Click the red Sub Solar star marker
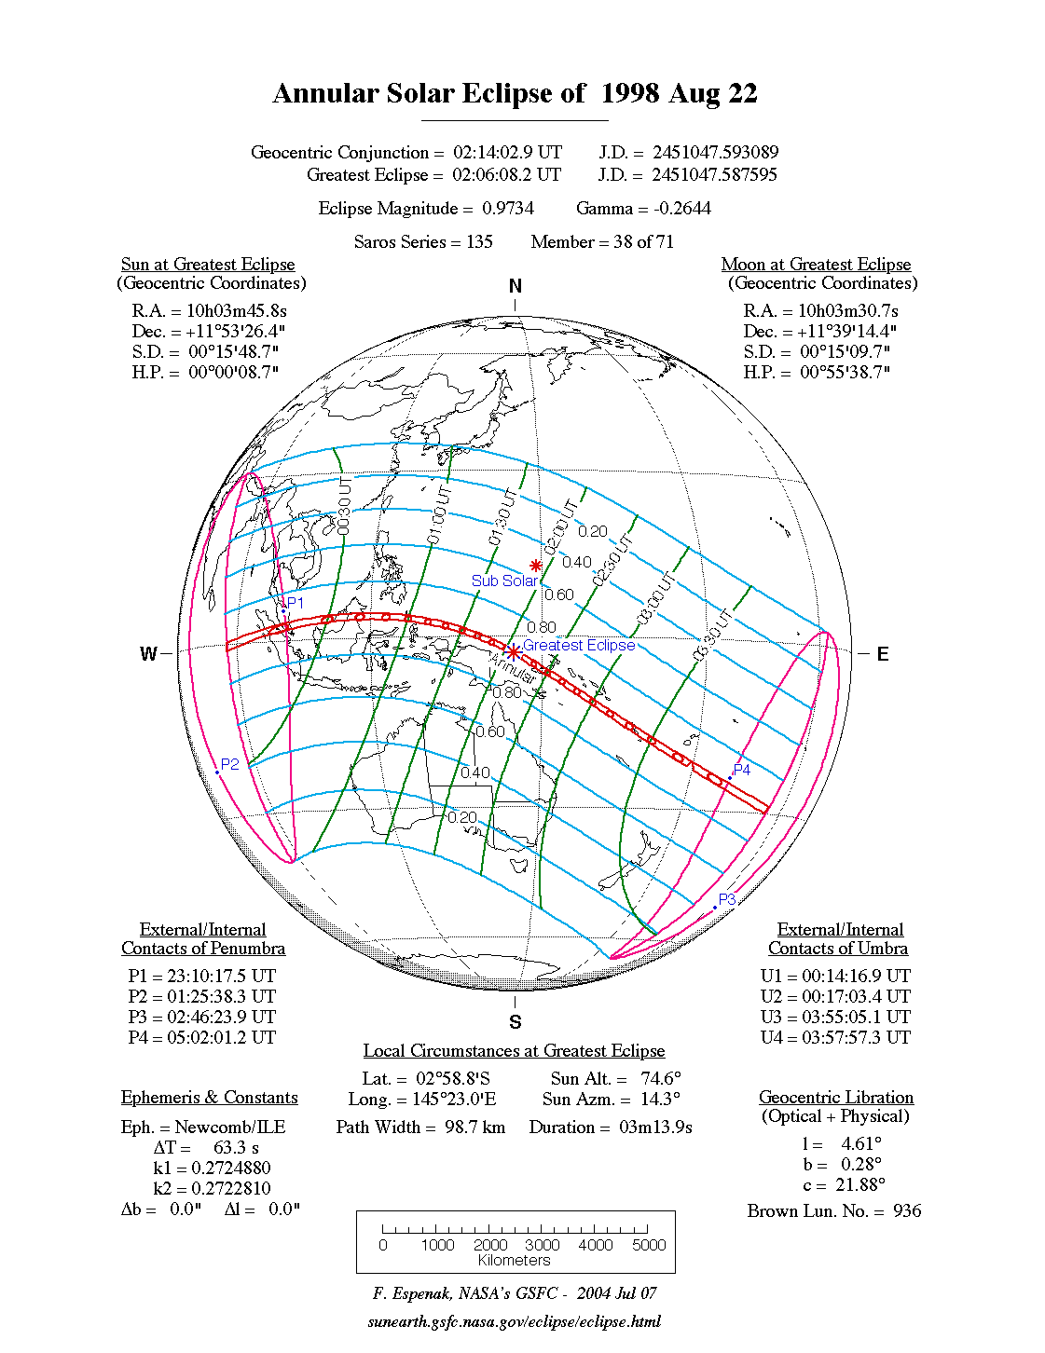coord(536,566)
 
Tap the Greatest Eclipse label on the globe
coord(578,645)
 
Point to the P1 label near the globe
coord(296,603)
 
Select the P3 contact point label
coord(727,899)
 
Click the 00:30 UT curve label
coord(344,507)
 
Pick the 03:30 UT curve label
coord(708,640)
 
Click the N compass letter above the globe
coord(516,286)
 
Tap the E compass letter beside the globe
coord(882,654)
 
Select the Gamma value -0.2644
coord(682,209)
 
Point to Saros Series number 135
coord(479,242)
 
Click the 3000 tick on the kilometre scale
coord(542,1245)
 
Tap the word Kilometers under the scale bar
coord(515,1261)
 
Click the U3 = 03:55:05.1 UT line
coord(835,1018)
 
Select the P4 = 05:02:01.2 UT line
coord(202,1038)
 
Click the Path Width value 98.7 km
coord(474,1127)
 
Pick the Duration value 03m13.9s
coord(655,1127)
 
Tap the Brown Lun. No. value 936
coord(907,1211)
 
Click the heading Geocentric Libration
coord(836,1098)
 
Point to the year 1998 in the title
coord(630,93)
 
